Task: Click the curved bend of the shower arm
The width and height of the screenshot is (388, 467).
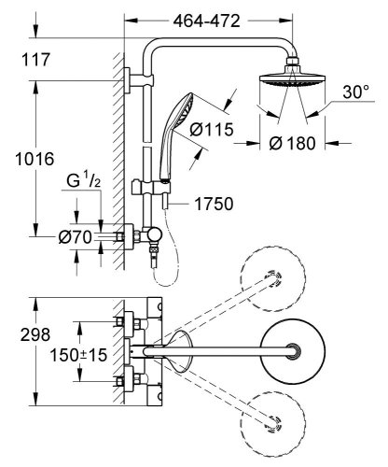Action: tap(162, 44)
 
